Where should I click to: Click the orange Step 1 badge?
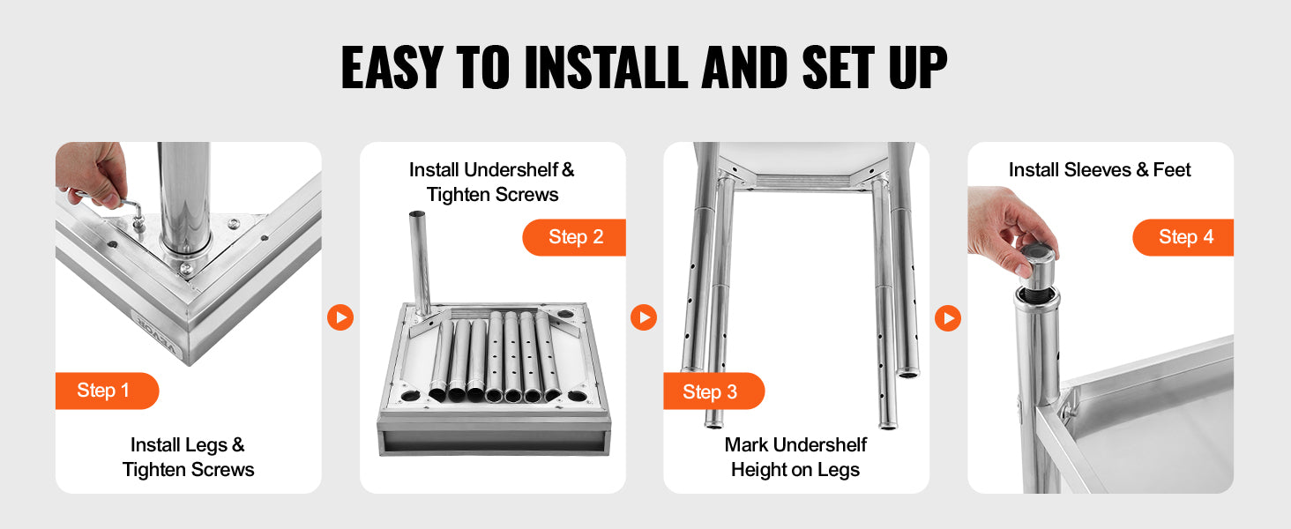point(108,391)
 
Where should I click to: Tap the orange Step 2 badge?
point(574,237)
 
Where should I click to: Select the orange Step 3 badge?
point(713,391)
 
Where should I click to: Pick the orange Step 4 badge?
point(1183,237)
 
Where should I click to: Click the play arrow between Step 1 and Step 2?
point(340,317)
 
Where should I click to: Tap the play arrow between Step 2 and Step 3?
point(644,317)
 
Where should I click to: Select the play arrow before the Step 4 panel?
point(948,318)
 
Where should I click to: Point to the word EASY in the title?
point(392,67)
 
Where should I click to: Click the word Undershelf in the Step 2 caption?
point(511,170)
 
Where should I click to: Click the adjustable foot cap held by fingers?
point(1039,268)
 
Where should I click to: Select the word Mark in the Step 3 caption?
point(747,445)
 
